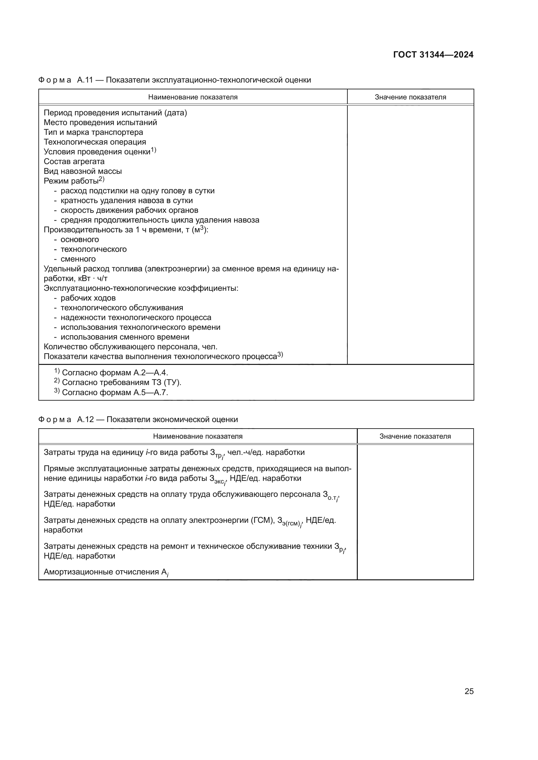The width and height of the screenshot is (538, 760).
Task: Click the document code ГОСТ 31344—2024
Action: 433,55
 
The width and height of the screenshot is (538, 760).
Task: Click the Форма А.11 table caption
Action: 175,80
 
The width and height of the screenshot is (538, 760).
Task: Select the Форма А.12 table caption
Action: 138,419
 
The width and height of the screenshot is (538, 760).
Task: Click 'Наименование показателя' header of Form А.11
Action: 193,97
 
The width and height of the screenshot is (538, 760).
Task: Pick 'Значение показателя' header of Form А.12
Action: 415,436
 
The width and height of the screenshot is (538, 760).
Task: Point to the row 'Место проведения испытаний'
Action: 101,122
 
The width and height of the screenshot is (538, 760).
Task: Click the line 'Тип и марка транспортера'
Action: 93,132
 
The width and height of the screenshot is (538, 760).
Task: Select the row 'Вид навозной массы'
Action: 83,171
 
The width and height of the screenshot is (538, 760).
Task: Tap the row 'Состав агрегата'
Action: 74,161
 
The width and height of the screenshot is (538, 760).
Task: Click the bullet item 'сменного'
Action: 78,259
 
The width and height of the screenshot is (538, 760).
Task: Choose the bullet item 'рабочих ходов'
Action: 88,298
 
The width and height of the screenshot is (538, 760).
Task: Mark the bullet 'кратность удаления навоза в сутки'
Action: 127,200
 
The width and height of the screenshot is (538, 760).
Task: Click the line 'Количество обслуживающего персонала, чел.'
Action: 130,347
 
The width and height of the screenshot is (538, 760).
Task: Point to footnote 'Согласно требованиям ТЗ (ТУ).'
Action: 121,383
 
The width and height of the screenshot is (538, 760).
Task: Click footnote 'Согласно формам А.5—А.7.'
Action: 114,393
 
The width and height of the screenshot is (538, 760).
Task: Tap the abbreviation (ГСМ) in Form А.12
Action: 262,520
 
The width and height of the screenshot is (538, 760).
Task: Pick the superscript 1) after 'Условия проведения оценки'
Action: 154,150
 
